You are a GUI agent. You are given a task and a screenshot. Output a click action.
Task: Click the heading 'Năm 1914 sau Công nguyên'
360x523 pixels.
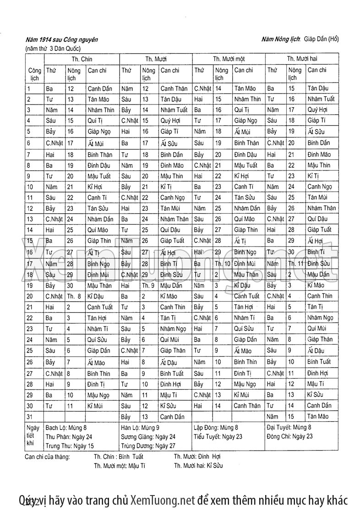tap(62, 40)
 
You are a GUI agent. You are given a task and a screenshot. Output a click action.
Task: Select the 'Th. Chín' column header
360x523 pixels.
tap(82, 59)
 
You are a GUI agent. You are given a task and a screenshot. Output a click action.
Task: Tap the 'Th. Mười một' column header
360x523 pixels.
tap(229, 59)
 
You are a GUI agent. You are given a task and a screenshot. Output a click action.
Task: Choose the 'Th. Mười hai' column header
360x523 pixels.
tap(302, 59)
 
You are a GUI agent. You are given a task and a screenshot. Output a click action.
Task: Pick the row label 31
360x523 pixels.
tap(31, 416)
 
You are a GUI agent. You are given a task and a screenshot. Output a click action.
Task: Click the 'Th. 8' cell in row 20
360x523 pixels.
tap(74, 296)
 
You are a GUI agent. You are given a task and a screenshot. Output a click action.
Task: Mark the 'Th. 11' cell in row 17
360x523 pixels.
tap(295, 264)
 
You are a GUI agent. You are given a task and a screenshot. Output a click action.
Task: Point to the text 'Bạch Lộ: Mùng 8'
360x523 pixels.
tap(67, 428)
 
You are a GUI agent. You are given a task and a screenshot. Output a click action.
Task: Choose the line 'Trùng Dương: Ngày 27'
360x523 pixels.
tap(147, 445)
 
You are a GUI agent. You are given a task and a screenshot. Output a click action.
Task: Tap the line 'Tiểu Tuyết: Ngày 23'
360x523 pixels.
tap(218, 436)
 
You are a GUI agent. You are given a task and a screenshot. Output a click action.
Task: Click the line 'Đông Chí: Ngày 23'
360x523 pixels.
tap(289, 436)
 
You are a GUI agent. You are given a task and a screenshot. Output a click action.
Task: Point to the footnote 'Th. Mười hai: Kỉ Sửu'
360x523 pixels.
tap(198, 466)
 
